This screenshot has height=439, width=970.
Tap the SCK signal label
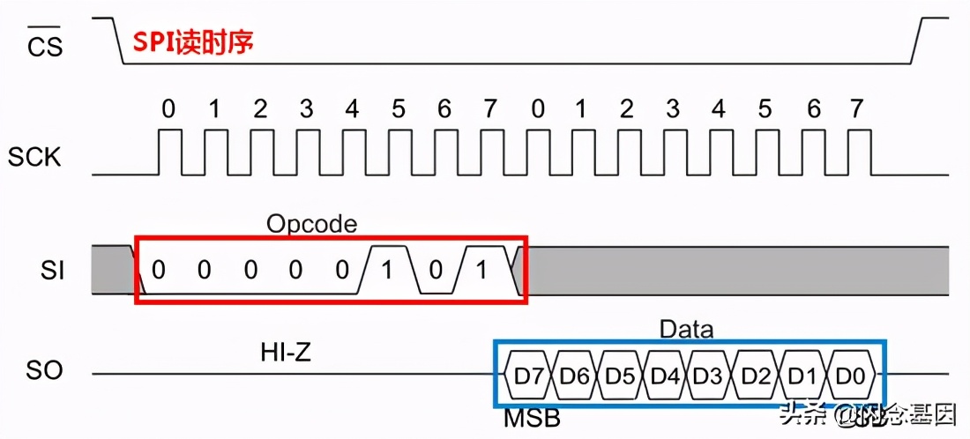[34, 158]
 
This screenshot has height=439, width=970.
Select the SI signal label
[52, 270]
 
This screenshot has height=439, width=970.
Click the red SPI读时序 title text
[193, 42]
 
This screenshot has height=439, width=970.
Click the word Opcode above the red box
[312, 224]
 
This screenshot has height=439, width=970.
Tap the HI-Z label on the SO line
[286, 353]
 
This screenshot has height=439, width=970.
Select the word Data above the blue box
[687, 330]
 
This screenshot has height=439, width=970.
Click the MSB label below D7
[532, 418]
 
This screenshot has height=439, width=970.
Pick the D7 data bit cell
[529, 374]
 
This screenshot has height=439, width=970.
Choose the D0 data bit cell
[850, 374]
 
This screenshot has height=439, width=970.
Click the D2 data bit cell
[757, 374]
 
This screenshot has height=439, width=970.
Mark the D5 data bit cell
[621, 374]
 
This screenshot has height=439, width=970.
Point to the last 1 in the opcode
[481, 270]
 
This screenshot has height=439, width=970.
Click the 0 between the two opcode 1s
[435, 270]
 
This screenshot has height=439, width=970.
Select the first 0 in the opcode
[158, 270]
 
